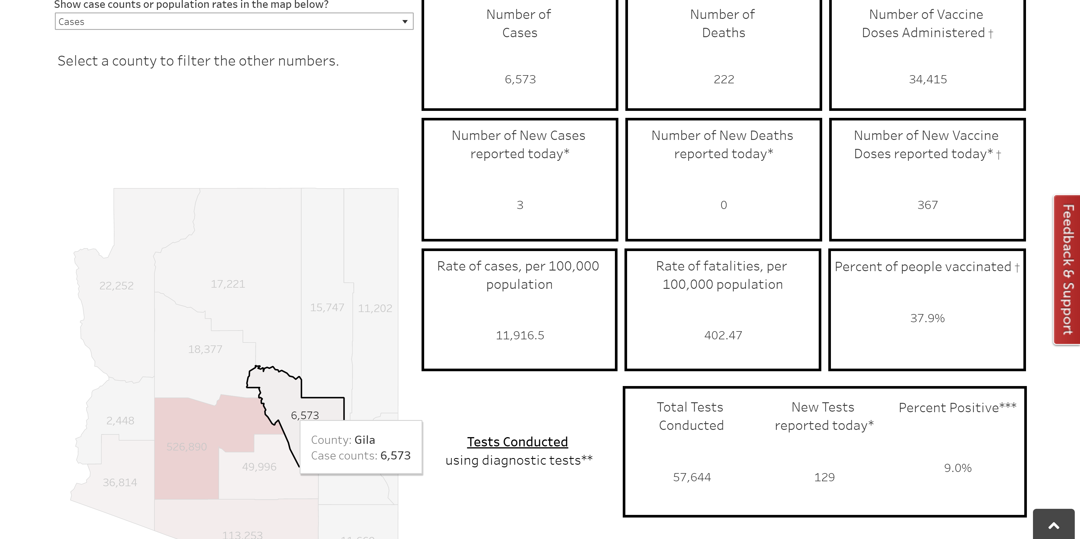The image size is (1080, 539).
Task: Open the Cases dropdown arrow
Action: coord(405,22)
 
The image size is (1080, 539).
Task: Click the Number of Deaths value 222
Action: coord(724,79)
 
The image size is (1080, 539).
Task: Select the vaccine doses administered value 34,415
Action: coord(927,79)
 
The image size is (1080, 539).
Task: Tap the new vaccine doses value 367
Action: coord(927,205)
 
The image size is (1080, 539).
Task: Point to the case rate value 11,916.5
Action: coord(520,335)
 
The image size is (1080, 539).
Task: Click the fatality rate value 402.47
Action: coord(723,335)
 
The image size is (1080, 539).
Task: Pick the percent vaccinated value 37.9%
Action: coord(927,318)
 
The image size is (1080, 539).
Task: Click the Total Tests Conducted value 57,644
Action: coord(692,477)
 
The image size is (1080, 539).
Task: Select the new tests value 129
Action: coord(824,477)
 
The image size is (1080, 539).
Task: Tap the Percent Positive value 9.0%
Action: coord(957,468)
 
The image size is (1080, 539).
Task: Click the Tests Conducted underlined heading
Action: coord(517,442)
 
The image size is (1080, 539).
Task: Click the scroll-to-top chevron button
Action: coord(1054,526)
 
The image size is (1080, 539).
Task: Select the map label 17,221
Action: coord(228,284)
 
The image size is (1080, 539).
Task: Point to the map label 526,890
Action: coord(187,447)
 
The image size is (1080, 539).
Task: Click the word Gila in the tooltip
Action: coord(365,440)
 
